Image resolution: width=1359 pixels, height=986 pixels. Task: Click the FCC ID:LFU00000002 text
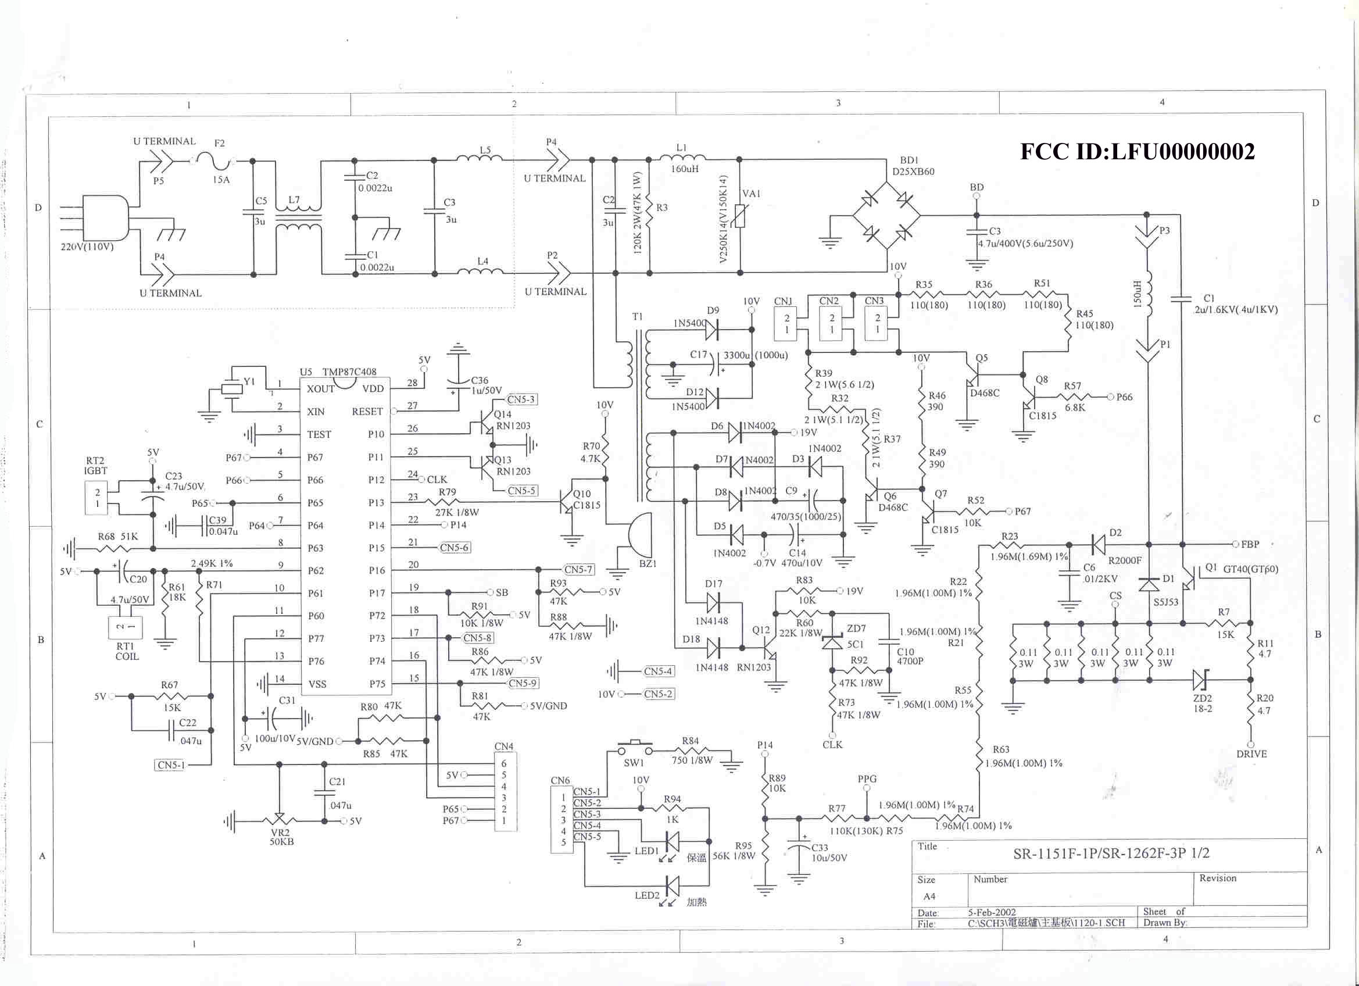1138,151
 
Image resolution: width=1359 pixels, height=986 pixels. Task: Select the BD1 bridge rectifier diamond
887,215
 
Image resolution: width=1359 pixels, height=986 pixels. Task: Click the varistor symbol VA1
740,216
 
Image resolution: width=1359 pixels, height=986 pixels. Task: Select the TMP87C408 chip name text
349,371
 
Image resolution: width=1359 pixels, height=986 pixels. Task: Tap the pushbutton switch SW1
635,749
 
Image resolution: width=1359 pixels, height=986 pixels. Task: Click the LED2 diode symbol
673,885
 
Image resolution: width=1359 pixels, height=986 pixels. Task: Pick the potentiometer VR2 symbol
279,820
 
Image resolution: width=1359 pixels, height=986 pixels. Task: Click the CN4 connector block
505,791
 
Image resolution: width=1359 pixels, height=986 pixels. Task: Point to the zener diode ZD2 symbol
1200,680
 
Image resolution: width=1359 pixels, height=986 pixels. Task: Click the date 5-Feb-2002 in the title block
992,912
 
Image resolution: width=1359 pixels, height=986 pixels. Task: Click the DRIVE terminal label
1251,754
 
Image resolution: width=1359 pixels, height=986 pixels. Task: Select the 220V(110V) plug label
87,246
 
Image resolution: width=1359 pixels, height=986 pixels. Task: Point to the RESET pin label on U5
367,411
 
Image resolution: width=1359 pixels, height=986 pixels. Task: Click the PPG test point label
867,778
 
